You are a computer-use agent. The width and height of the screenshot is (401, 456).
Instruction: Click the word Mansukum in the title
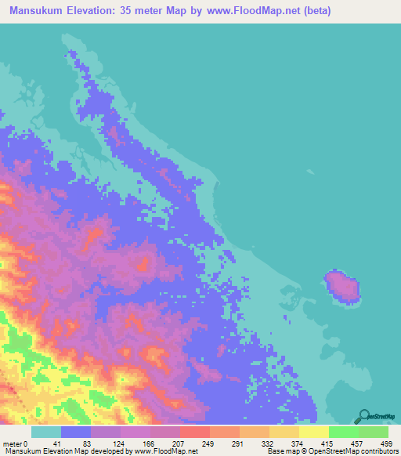coord(38,11)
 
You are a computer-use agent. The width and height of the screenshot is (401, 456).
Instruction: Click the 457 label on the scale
coord(365,443)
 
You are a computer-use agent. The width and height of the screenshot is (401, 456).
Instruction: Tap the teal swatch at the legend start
coord(46,432)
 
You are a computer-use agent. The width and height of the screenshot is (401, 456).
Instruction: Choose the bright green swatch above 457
coord(344,432)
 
